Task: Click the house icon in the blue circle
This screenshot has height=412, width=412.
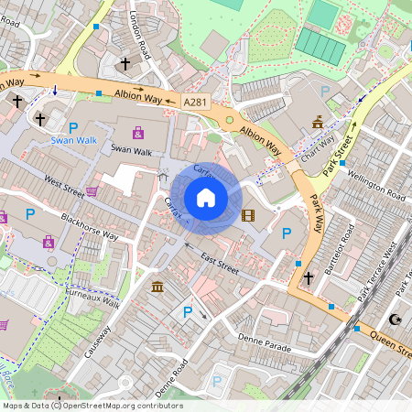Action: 206,197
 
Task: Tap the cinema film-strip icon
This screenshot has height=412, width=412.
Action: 246,216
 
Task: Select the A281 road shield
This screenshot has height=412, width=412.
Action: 196,103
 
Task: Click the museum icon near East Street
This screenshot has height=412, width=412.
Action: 158,287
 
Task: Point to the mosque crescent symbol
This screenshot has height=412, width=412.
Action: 396,320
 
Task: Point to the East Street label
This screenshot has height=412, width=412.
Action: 220,259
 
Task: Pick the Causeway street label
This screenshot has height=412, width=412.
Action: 99,341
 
